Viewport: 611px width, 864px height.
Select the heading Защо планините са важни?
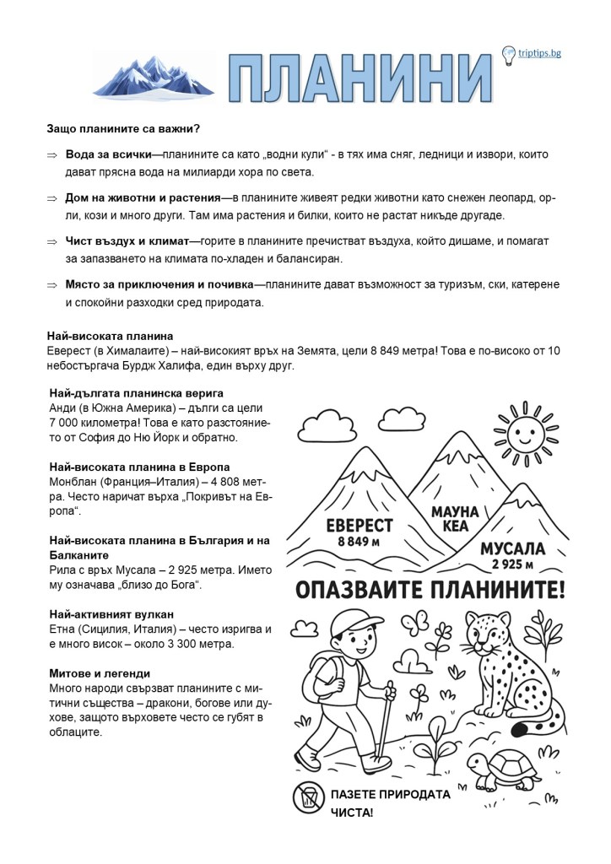tap(123, 129)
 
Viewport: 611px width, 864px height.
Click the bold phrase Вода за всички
tap(108, 155)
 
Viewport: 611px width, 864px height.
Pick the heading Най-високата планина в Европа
tap(139, 467)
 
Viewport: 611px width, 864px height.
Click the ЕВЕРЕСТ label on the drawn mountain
tap(360, 526)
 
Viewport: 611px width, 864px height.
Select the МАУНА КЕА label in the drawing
tap(454, 519)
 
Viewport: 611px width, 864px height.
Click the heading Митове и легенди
tap(100, 673)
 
